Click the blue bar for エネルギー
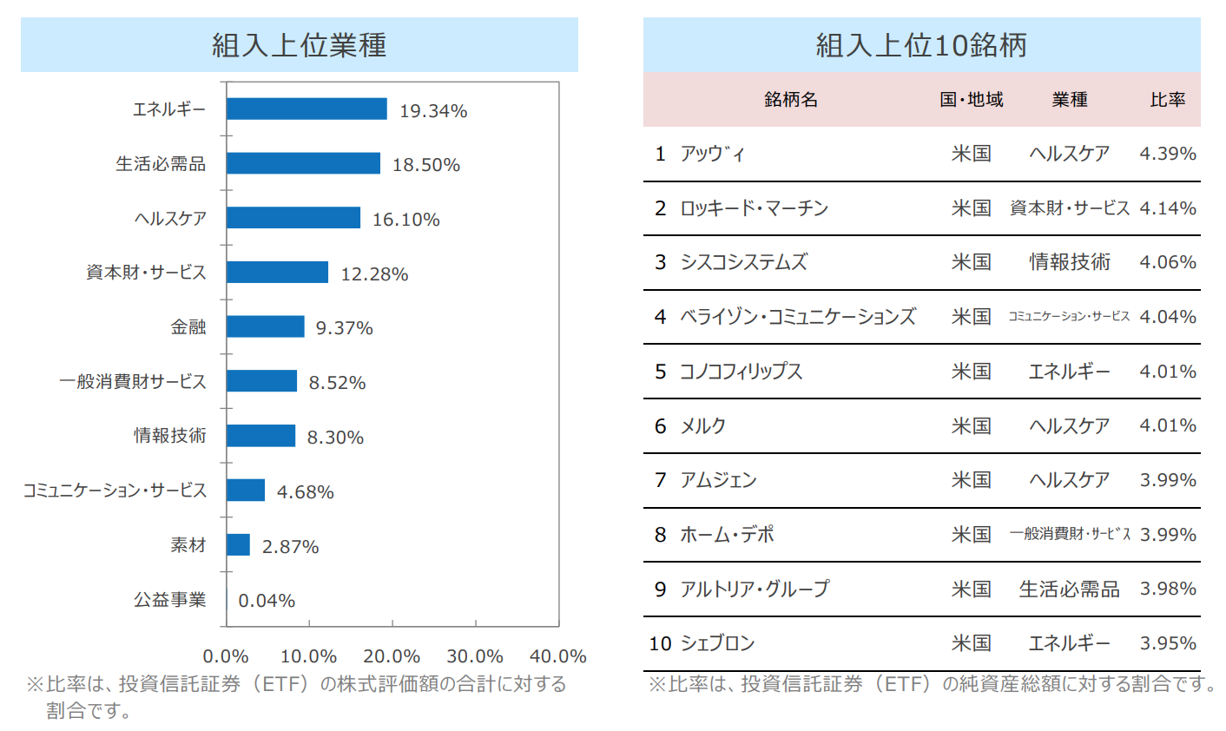(x=306, y=109)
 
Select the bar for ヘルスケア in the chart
(x=293, y=218)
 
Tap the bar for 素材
(x=239, y=545)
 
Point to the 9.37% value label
(x=345, y=328)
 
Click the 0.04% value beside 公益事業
(x=267, y=601)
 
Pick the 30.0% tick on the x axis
(x=475, y=656)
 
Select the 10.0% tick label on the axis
(x=309, y=656)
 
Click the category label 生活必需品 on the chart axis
(x=161, y=164)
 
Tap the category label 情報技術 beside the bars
(x=170, y=436)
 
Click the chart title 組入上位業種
(x=300, y=45)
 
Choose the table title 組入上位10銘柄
(x=921, y=45)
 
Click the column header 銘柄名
(x=791, y=100)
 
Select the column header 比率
(x=1168, y=100)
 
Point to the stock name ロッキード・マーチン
(x=755, y=208)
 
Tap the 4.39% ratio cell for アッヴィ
(x=1168, y=154)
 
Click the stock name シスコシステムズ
(x=744, y=262)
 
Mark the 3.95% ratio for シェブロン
(x=1168, y=643)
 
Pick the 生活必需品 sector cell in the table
(x=1069, y=589)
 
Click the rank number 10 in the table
(x=661, y=643)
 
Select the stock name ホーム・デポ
(x=727, y=535)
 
